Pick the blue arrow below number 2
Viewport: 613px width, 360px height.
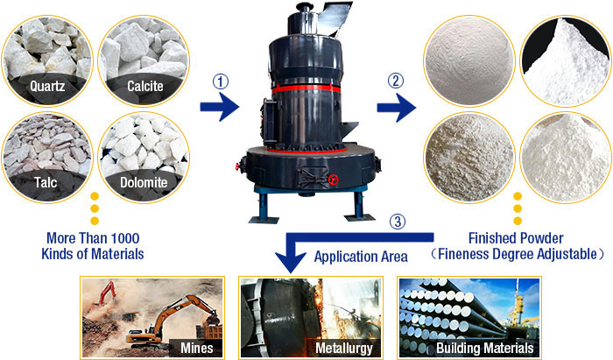click(x=396, y=109)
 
